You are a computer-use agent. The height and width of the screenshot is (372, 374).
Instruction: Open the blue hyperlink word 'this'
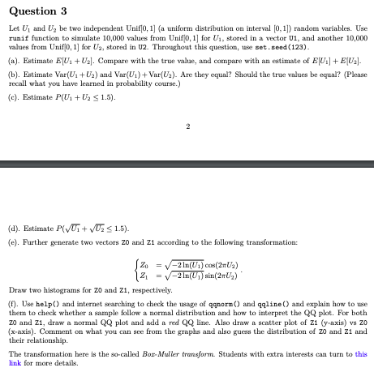pyautogui.click(x=361, y=354)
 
